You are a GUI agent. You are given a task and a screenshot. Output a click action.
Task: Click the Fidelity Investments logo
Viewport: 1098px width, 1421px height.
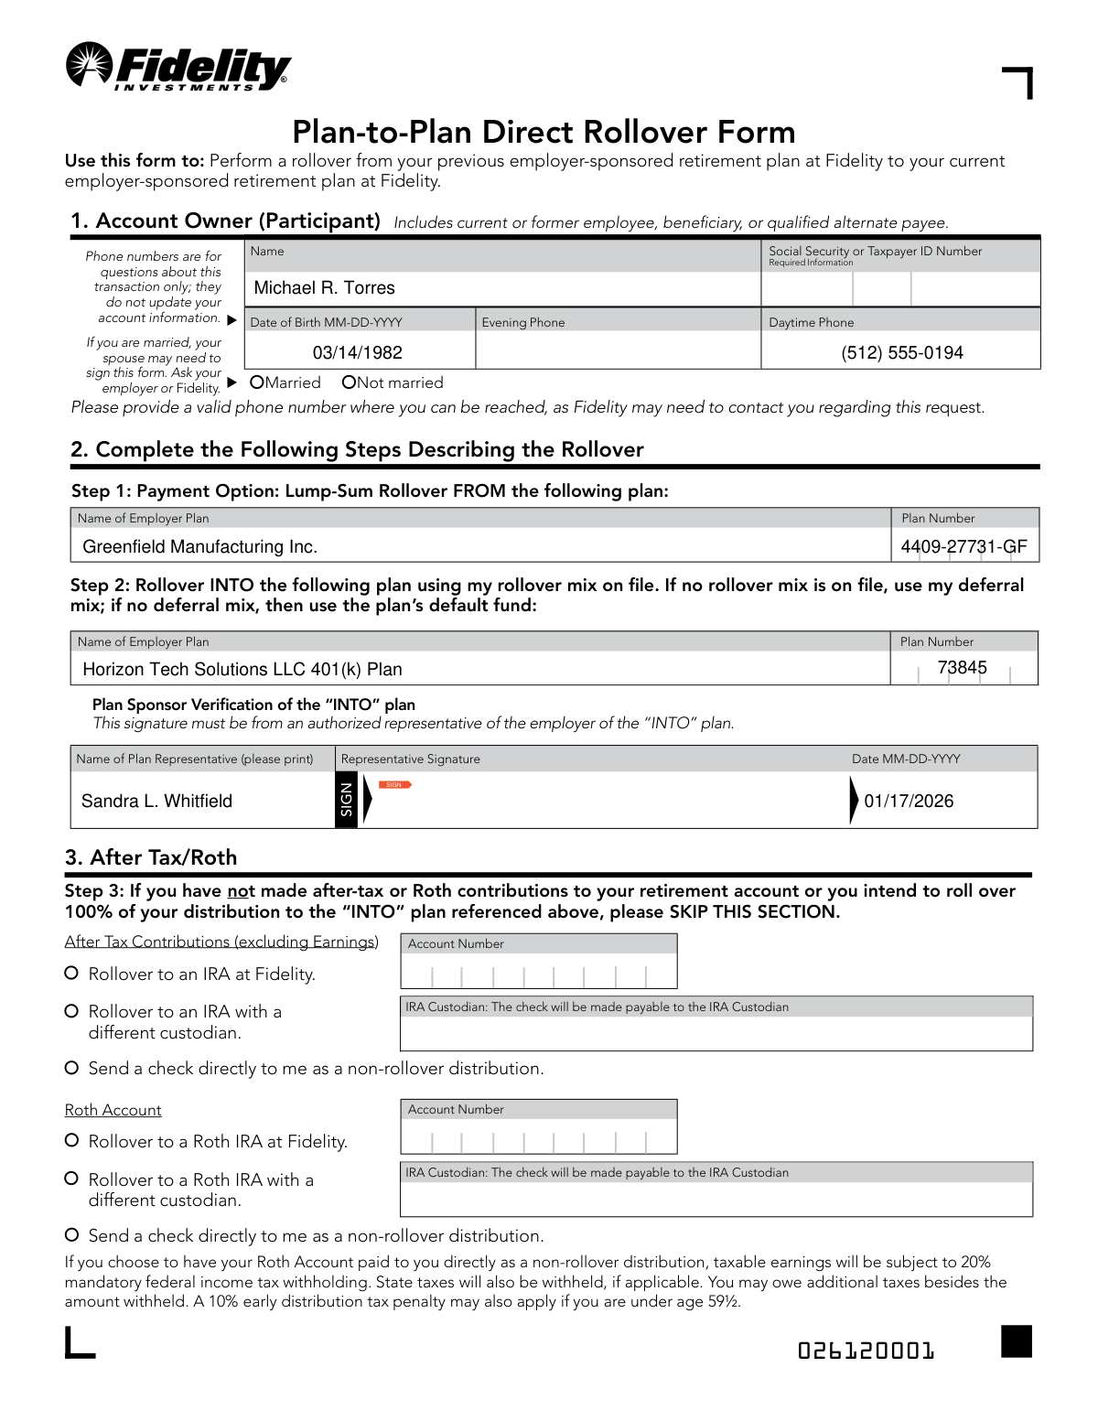pos(178,67)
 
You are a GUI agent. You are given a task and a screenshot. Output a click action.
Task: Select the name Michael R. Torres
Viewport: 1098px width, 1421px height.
pos(324,288)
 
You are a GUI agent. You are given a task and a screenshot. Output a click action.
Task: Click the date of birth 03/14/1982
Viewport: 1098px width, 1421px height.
pos(357,352)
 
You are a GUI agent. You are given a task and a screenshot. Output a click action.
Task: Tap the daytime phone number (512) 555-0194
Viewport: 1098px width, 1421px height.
pos(901,352)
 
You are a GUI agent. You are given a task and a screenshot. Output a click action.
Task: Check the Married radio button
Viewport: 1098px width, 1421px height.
pos(257,382)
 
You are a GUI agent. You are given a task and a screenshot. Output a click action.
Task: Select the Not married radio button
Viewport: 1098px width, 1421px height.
pos(349,382)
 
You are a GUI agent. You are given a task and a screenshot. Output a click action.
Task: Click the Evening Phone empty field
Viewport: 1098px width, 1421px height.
pos(618,350)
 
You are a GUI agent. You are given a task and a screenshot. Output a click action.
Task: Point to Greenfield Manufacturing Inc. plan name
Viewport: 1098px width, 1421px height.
pos(199,547)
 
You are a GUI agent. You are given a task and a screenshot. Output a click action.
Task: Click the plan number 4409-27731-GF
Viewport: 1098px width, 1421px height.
pos(963,547)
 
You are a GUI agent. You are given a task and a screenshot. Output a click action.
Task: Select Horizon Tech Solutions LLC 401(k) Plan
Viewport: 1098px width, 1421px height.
pos(242,670)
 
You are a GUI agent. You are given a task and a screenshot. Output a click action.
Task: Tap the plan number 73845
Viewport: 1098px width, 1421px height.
pos(962,668)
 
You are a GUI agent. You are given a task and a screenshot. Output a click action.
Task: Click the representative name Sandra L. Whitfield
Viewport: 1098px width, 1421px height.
pos(156,802)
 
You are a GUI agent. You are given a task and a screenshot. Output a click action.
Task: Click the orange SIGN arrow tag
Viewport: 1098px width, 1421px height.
pos(394,785)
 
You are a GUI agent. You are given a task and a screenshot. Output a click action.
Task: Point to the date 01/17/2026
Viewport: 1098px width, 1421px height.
pos(909,802)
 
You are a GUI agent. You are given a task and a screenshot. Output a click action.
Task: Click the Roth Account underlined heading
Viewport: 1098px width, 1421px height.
pos(113,1110)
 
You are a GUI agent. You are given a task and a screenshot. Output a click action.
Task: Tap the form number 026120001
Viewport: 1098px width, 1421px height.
pos(866,1351)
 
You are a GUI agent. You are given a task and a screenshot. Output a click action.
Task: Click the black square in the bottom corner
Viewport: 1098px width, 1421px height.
pos(1016,1341)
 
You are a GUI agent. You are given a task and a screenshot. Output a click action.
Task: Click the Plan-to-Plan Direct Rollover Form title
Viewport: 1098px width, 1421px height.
pos(544,132)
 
